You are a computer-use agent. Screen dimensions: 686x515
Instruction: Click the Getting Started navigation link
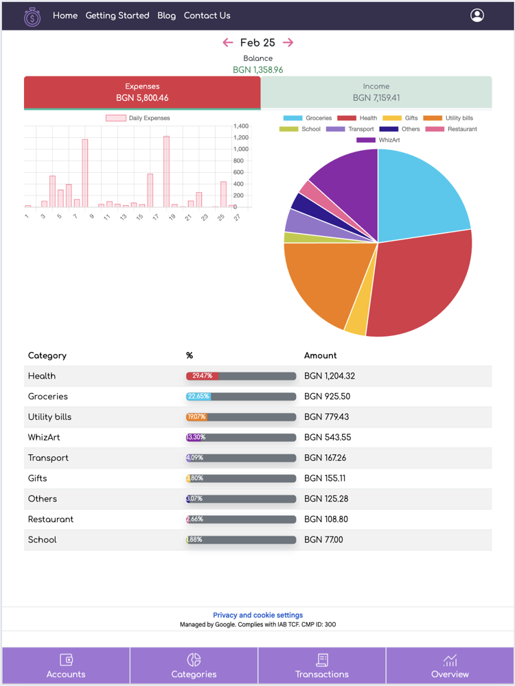pyautogui.click(x=117, y=16)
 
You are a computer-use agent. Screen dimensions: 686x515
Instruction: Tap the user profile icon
pyautogui.click(x=477, y=16)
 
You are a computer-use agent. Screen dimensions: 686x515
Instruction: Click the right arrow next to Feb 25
pyautogui.click(x=288, y=43)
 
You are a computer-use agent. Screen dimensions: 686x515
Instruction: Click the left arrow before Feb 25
pyautogui.click(x=228, y=43)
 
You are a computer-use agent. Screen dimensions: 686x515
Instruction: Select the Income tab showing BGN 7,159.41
pyautogui.click(x=376, y=93)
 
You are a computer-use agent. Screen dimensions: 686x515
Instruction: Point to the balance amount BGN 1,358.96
pyautogui.click(x=258, y=70)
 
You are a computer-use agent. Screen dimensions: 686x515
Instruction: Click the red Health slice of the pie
pyautogui.click(x=419, y=288)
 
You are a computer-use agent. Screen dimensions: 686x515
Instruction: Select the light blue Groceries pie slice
pyautogui.click(x=419, y=192)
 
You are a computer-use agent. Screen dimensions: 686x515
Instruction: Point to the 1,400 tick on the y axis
pyautogui.click(x=240, y=126)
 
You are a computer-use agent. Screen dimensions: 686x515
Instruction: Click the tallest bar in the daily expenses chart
pyautogui.click(x=166, y=171)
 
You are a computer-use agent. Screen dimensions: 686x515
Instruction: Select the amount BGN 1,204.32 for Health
pyautogui.click(x=330, y=376)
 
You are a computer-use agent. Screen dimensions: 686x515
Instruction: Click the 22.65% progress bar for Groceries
pyautogui.click(x=240, y=397)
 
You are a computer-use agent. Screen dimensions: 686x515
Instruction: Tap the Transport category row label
pyautogui.click(x=48, y=458)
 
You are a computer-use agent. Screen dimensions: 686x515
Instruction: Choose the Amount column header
pyautogui.click(x=320, y=355)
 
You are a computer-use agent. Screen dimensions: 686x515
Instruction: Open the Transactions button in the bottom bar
pyautogui.click(x=322, y=666)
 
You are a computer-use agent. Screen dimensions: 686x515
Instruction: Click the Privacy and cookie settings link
pyautogui.click(x=257, y=615)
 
